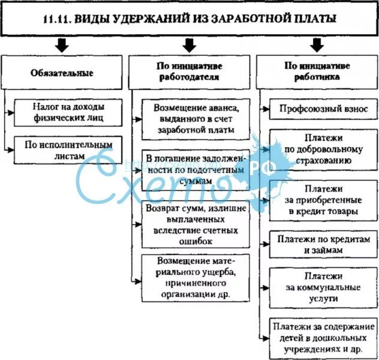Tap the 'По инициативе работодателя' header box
click(188, 71)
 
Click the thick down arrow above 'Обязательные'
click(61, 45)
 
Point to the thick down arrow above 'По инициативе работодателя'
click(189, 45)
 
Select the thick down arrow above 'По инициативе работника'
click(317, 45)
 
